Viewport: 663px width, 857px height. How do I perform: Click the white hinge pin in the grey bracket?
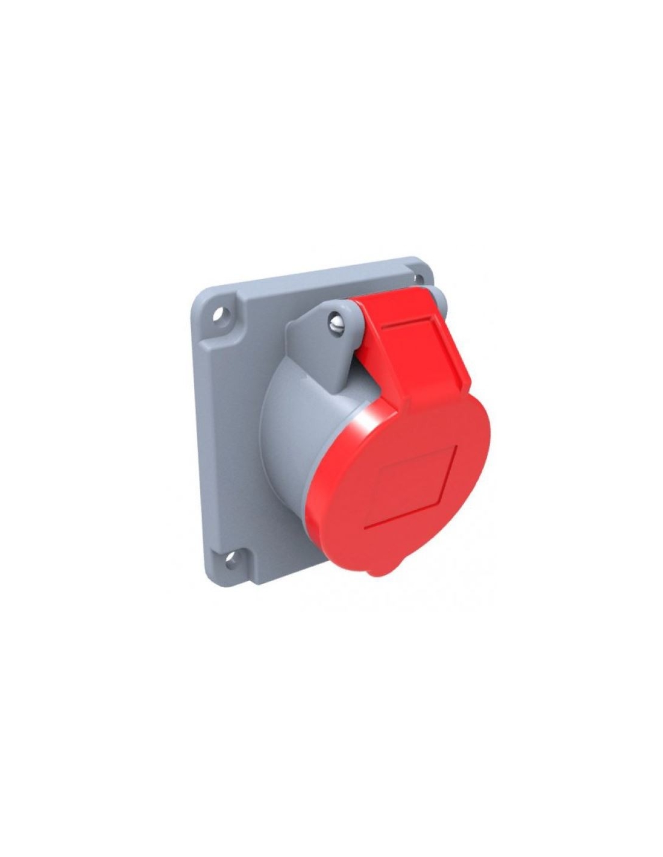[336, 323]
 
